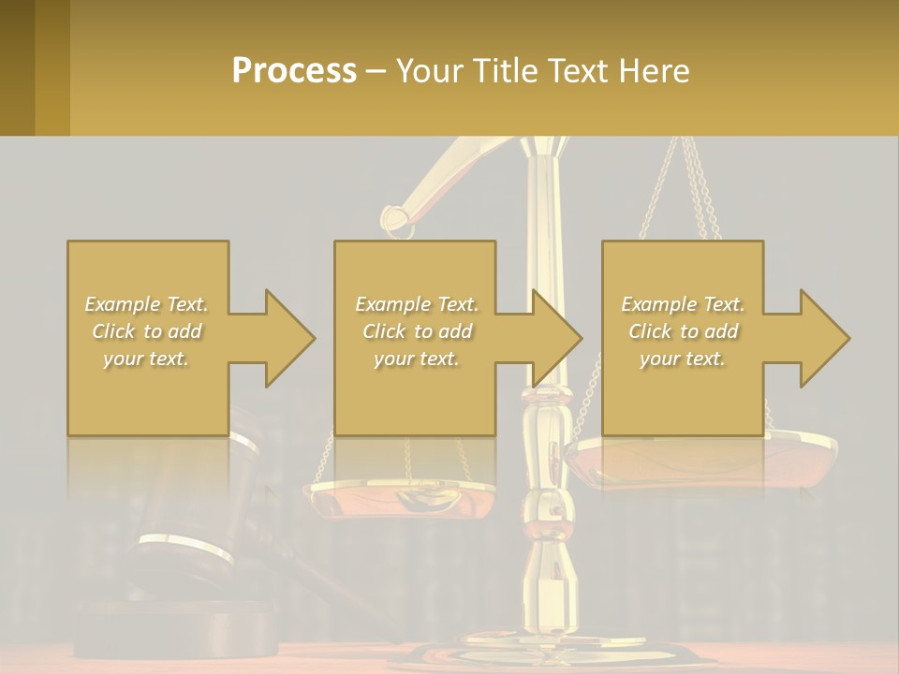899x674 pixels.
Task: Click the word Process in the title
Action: pyautogui.click(x=294, y=71)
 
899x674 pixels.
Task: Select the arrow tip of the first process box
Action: pyautogui.click(x=313, y=338)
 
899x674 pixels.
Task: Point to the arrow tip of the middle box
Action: pyautogui.click(x=580, y=338)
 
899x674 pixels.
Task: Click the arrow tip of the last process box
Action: pyautogui.click(x=847, y=338)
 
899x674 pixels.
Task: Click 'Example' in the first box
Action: pyautogui.click(x=122, y=304)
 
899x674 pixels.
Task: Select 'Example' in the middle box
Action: pyautogui.click(x=392, y=304)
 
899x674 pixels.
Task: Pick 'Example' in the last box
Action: pyautogui.click(x=658, y=304)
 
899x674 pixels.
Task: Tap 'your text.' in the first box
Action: pyautogui.click(x=146, y=359)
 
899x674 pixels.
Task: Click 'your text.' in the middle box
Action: pyautogui.click(x=416, y=359)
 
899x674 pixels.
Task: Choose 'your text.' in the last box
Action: pyautogui.click(x=682, y=359)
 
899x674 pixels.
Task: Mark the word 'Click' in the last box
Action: pyautogui.click(x=650, y=331)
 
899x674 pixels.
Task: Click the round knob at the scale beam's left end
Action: pyautogui.click(x=396, y=220)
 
